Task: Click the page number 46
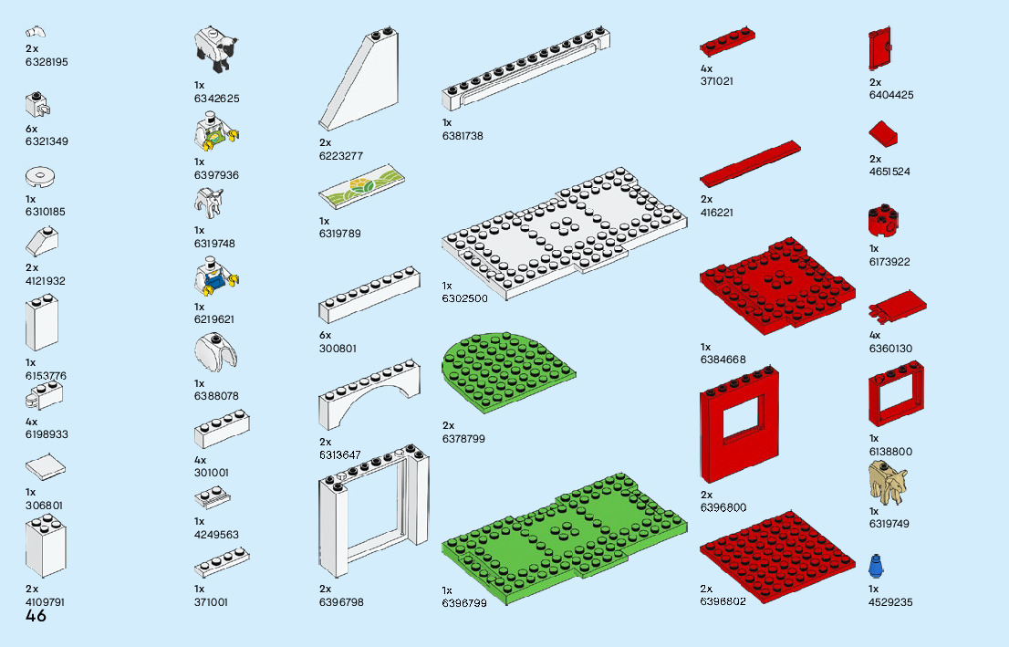point(36,617)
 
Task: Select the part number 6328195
point(47,62)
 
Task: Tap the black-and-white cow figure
point(216,47)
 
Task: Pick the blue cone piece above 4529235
point(876,567)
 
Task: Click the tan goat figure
point(888,482)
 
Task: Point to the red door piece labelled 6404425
point(879,49)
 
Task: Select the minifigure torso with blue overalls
point(216,278)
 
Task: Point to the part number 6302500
point(464,298)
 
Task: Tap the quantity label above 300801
point(325,335)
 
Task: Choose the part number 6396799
point(464,603)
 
